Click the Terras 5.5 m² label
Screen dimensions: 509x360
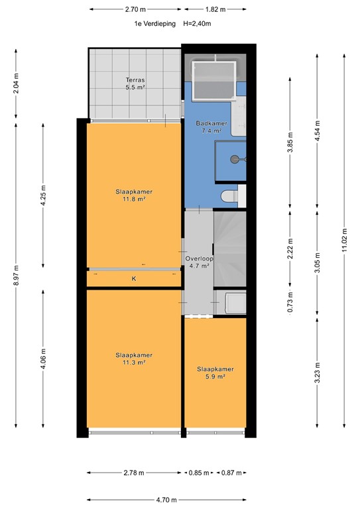[x=136, y=84]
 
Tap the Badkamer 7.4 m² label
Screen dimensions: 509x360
[x=211, y=127]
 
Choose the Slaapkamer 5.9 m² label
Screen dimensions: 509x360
[x=215, y=372]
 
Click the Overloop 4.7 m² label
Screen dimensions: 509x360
[x=198, y=262]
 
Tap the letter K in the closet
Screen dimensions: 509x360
[x=134, y=279]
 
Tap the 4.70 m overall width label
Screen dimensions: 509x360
[x=166, y=500]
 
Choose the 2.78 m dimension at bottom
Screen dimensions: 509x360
[x=135, y=473]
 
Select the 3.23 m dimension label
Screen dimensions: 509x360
[x=317, y=374]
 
